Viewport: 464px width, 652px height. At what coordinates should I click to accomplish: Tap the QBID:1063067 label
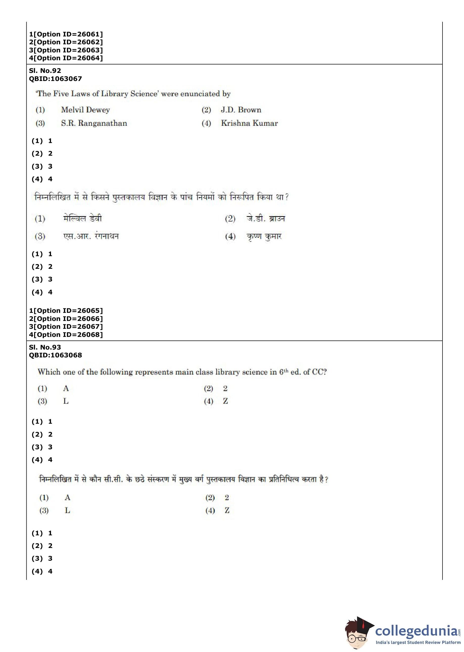pyautogui.click(x=55, y=79)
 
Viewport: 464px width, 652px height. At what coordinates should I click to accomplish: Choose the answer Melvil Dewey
pyautogui.click(x=85, y=110)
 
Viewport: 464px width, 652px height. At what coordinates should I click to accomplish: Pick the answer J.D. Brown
pyautogui.click(x=241, y=110)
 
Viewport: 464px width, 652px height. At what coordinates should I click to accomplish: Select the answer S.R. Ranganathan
pyautogui.click(x=94, y=123)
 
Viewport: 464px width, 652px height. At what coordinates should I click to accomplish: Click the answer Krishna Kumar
pyautogui.click(x=249, y=123)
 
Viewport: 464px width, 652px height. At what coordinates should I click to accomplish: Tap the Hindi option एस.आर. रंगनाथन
pyautogui.click(x=91, y=236)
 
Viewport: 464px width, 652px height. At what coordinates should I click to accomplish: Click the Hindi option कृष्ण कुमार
pyautogui.click(x=264, y=237)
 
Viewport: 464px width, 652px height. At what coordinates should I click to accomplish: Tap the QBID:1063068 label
pyautogui.click(x=55, y=355)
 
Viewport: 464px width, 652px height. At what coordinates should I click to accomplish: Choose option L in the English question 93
pyautogui.click(x=66, y=401)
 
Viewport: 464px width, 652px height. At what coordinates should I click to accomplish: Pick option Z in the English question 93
pyautogui.click(x=225, y=401)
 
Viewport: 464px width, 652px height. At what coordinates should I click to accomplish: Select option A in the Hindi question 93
pyautogui.click(x=67, y=498)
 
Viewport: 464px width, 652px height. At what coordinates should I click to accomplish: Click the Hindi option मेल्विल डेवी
pyautogui.click(x=82, y=219)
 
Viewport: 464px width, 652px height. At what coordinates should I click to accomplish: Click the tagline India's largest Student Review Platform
pyautogui.click(x=418, y=643)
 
